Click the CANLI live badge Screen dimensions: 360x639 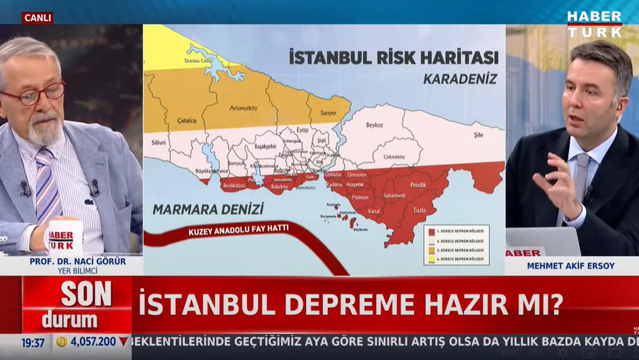[x=37, y=18]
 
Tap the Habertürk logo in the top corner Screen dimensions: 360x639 [x=594, y=24]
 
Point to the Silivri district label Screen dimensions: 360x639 [x=158, y=143]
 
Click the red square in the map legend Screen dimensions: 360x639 [x=433, y=232]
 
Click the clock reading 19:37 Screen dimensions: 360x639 [x=33, y=342]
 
